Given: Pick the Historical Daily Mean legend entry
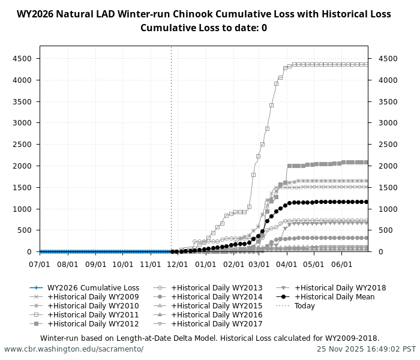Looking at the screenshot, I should pyautogui.click(x=334, y=297).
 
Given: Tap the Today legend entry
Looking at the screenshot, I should pyautogui.click(x=304, y=306).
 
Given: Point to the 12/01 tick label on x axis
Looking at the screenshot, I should pyautogui.click(x=178, y=264).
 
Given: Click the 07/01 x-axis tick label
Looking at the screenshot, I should pyautogui.click(x=40, y=264).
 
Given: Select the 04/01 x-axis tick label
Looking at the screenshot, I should pyautogui.click(x=287, y=264).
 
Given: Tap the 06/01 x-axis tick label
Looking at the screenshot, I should pyautogui.click(x=341, y=264).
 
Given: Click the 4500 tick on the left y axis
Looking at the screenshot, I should pyautogui.click(x=23, y=59).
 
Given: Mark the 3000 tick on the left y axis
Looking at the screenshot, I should pyautogui.click(x=23, y=123).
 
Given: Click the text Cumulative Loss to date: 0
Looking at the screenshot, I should pyautogui.click(x=203, y=28).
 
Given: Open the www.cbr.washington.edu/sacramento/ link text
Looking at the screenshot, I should pyautogui.click(x=74, y=349).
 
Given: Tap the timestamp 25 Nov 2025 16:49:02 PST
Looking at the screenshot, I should pyautogui.click(x=366, y=349).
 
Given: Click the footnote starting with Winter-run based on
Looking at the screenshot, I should pyautogui.click(x=209, y=338).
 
